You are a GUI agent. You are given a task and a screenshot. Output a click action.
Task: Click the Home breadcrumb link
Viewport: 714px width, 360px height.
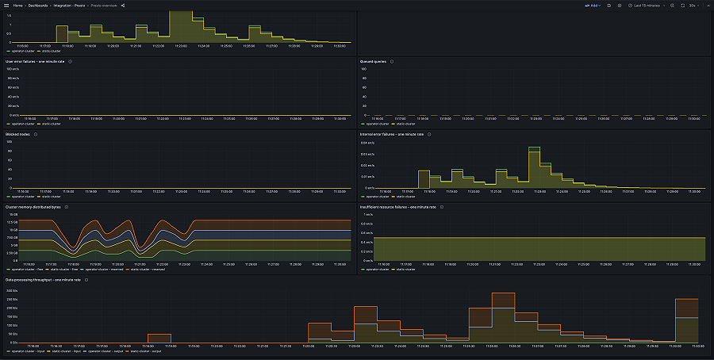17,6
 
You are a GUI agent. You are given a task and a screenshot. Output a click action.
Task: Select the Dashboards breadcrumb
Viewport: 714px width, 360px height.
39,6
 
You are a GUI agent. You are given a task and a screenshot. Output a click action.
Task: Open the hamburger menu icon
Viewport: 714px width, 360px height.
6,6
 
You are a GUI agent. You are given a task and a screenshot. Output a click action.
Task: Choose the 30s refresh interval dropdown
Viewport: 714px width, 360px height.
693,6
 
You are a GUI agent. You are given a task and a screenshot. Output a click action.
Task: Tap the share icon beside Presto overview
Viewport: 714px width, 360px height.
123,6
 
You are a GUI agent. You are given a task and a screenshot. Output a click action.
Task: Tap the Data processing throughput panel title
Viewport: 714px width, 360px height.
43,280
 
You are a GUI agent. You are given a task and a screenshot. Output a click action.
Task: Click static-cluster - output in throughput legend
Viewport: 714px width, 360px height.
147,350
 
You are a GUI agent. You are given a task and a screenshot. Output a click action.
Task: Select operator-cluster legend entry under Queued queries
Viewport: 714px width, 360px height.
378,124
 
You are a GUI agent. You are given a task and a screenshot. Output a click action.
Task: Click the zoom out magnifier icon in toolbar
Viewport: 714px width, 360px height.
672,6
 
